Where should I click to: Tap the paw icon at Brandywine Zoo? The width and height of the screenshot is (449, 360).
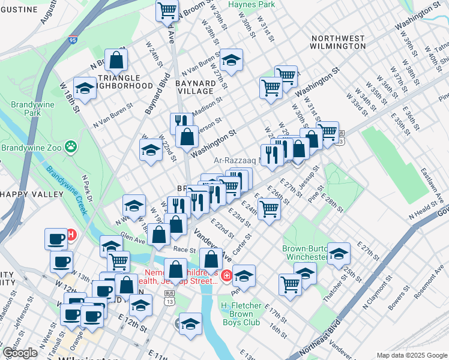point(71,146)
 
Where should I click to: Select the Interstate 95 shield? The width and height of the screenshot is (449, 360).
point(73,40)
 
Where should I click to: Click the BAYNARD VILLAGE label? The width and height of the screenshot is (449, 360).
point(195,87)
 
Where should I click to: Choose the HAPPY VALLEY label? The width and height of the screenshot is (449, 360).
point(31,194)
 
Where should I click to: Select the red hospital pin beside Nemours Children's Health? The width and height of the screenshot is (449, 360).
point(226,276)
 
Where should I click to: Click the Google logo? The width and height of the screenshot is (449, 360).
point(20,353)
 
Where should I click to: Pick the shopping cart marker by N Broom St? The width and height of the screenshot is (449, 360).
point(167,10)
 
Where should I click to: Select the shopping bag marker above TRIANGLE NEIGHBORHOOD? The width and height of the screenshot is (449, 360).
point(117,59)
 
